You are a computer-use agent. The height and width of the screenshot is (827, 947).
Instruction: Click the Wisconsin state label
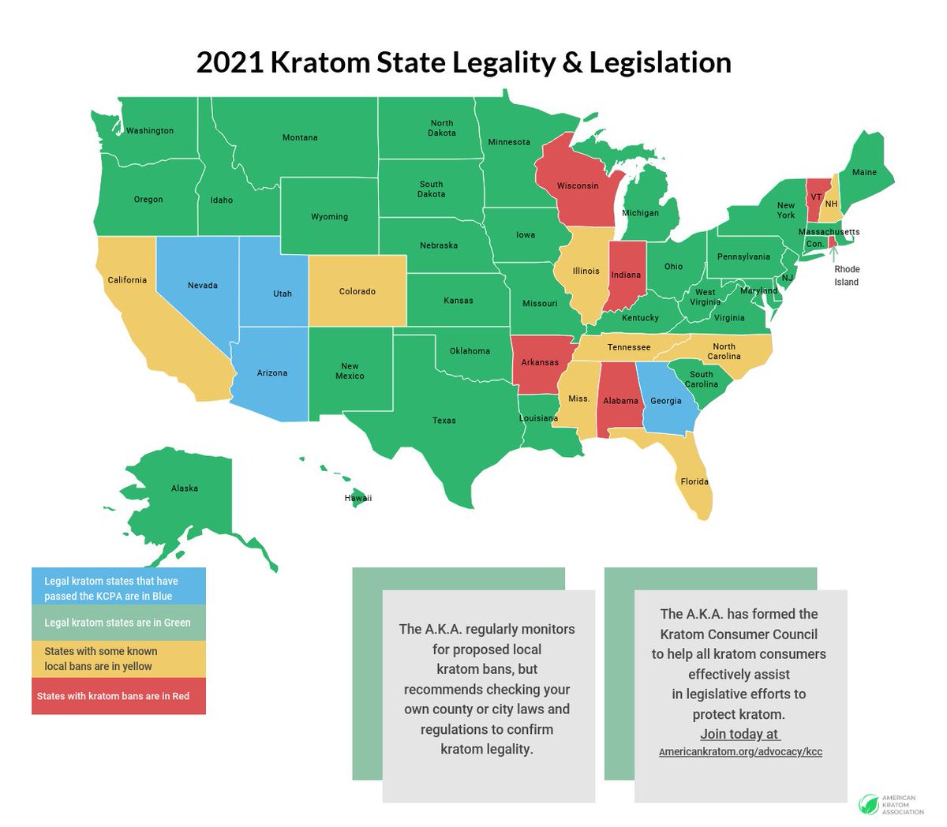(x=578, y=186)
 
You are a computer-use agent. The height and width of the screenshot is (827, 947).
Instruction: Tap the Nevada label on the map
(x=203, y=286)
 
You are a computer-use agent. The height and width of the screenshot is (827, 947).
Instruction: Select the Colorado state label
(x=357, y=292)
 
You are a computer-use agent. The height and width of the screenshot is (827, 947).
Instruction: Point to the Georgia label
(x=666, y=401)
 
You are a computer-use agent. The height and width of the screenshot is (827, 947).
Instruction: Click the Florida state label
(x=694, y=481)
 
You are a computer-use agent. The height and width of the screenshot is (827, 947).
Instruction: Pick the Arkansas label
(x=540, y=363)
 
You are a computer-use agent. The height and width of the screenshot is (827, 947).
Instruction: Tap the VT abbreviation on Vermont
(x=816, y=197)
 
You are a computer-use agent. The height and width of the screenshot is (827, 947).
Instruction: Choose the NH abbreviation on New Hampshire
(x=831, y=204)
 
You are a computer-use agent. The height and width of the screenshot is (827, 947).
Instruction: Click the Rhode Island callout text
(x=847, y=275)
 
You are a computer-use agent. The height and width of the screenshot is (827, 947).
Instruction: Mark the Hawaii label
(x=357, y=499)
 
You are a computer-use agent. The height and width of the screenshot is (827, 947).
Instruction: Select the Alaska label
(x=185, y=488)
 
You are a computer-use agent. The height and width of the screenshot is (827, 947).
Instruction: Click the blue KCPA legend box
(x=118, y=589)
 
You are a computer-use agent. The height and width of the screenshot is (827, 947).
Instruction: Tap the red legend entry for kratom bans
(x=118, y=696)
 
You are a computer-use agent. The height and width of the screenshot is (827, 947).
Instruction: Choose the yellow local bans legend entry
(x=118, y=659)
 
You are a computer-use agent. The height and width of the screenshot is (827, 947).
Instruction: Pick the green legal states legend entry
(x=118, y=623)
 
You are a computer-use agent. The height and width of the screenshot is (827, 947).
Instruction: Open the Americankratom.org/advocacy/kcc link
(x=740, y=752)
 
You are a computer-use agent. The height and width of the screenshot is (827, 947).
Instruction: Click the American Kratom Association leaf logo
(x=868, y=804)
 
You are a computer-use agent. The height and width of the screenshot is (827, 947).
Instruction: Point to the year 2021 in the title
(x=230, y=63)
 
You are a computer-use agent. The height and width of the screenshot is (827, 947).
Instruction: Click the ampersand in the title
(x=572, y=63)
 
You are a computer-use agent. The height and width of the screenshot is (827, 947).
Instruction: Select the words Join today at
(x=739, y=734)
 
